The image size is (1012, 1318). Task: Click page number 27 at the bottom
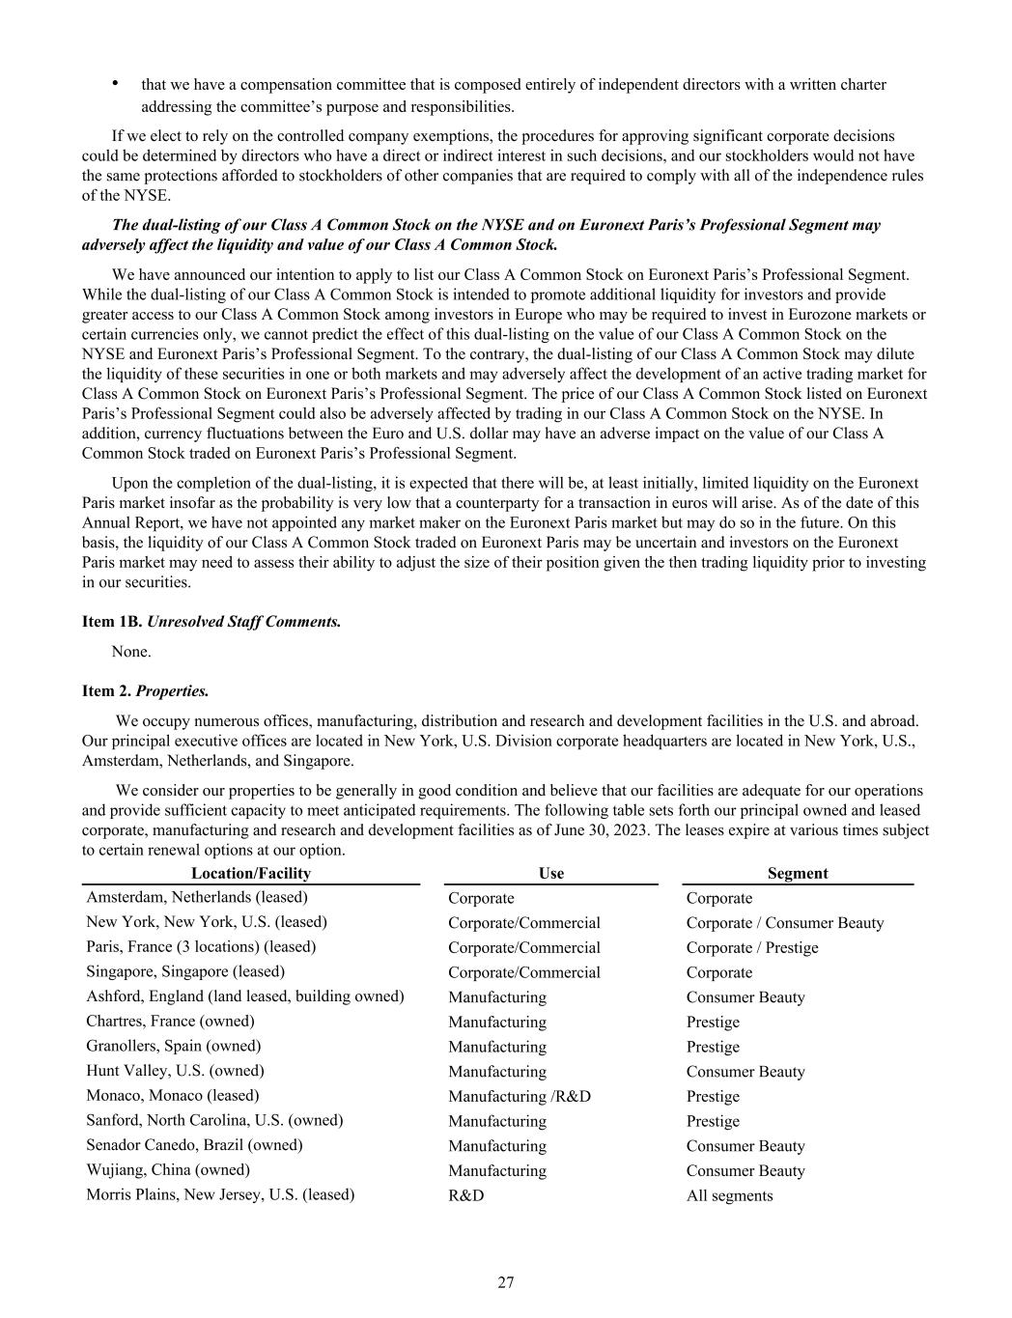pos(506,1282)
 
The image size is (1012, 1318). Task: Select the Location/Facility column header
pos(251,873)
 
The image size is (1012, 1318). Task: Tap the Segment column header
pos(798,873)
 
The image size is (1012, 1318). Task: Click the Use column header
pos(551,873)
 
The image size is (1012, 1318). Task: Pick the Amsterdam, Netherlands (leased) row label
pos(197,897)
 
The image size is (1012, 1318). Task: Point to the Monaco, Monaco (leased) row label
pos(173,1096)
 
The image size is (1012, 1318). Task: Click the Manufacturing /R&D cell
pos(520,1096)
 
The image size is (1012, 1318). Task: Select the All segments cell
pos(729,1195)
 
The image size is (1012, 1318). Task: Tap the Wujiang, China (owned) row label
pos(168,1170)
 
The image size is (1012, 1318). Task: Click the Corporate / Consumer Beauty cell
pos(785,923)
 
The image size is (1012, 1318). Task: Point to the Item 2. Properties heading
pos(145,691)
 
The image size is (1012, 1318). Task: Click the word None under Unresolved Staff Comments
pos(131,652)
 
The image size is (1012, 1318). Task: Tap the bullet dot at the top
pos(116,83)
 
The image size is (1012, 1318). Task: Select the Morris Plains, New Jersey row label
pos(220,1194)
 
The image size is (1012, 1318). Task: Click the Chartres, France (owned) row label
pos(170,1022)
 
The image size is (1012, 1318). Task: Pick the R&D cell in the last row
pos(466,1195)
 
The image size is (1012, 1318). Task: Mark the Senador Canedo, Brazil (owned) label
pos(194,1145)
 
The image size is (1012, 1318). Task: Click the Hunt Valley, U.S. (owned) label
pos(175,1071)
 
